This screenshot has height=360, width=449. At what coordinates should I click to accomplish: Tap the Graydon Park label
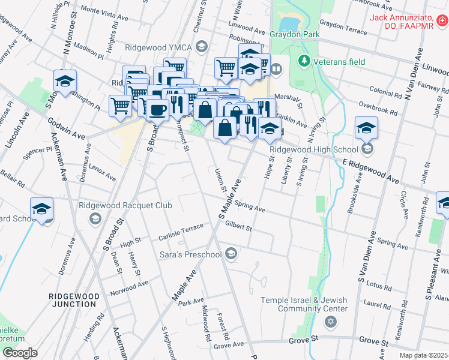coord(295,35)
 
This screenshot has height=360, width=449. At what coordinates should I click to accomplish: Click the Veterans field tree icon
coord(304,60)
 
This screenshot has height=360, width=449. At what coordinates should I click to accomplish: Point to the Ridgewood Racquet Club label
coord(125,206)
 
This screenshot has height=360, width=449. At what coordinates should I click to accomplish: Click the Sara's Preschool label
coord(191,255)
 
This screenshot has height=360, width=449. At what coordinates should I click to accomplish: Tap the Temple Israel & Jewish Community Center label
coord(304,304)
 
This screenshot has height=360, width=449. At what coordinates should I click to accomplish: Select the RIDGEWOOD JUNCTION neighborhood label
coord(73,300)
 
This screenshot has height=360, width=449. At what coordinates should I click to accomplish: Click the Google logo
coord(20,353)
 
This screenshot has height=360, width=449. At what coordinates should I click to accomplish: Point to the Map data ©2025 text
coord(424,355)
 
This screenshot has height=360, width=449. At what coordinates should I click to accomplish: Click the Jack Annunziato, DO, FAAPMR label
coord(409,21)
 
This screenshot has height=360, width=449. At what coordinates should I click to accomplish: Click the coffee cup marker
coord(157,110)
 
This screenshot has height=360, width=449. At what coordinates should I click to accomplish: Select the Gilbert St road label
coord(238,227)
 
